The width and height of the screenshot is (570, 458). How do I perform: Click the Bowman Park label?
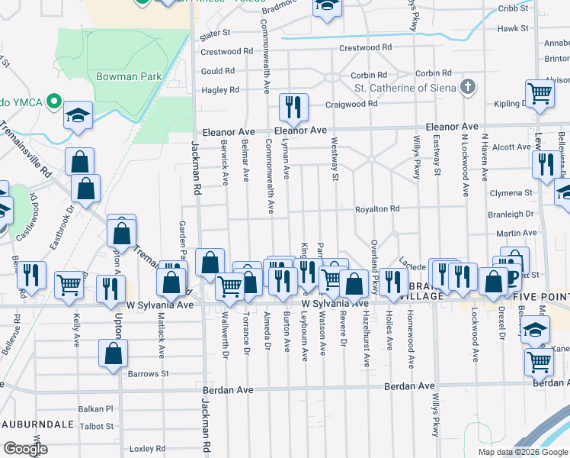128,76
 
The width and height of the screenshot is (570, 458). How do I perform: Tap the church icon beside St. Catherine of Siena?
469,86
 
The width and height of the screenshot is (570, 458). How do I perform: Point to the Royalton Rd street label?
376,208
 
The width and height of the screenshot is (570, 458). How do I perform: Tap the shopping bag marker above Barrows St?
114,353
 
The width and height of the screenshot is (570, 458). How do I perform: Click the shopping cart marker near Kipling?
540,95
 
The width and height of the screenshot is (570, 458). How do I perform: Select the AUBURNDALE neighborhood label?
37,423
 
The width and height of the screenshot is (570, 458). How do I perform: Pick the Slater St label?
214,35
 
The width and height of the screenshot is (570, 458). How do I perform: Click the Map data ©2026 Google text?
523,452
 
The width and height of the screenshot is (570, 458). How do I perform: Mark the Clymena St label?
511,193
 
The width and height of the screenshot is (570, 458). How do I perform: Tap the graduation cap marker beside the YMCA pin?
78,115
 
